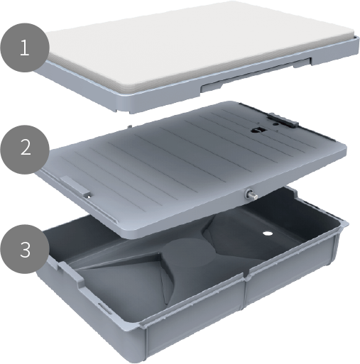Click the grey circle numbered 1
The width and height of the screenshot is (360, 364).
[25, 48]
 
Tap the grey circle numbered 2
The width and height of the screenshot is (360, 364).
[25, 150]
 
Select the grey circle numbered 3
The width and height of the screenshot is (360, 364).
[25, 249]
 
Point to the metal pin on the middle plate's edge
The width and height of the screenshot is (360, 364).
[251, 194]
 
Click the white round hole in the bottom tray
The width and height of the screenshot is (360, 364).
[268, 233]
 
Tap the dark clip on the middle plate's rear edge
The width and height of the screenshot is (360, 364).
[283, 120]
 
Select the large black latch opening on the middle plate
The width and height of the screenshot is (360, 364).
[258, 131]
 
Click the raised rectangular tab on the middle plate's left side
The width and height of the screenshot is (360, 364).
[75, 185]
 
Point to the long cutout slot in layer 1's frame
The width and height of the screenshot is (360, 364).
[256, 74]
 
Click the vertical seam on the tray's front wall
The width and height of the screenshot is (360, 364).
[245, 293]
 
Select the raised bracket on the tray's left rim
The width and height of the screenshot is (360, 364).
[71, 275]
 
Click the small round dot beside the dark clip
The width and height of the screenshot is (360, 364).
[276, 124]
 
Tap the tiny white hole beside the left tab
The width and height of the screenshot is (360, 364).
[89, 196]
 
